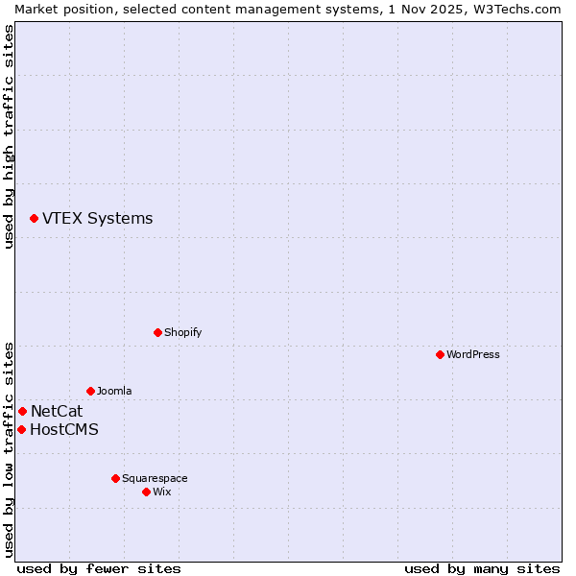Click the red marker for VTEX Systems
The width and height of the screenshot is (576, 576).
point(34,219)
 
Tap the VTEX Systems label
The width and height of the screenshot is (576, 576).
point(97,219)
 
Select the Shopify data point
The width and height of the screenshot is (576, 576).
point(157,332)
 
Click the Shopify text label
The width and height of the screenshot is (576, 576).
point(182,332)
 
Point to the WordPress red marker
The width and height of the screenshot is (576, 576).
point(440,354)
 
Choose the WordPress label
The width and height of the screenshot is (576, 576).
point(472,354)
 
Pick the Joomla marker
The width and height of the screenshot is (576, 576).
point(90,391)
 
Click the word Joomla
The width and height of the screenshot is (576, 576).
point(114,391)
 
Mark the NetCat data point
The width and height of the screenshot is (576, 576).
point(22,411)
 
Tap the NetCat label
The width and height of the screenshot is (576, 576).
point(57,411)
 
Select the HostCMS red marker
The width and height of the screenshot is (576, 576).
point(21,429)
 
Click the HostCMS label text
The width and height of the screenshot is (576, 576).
point(64,429)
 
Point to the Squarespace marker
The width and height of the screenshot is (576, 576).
point(115,478)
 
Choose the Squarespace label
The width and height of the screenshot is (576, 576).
point(155,478)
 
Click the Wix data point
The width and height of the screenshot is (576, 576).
point(146,492)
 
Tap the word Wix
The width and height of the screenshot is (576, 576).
point(162,492)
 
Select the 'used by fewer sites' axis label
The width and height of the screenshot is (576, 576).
point(99,568)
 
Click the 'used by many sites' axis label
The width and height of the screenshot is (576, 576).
point(482,568)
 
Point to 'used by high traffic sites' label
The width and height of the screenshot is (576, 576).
point(9,136)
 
